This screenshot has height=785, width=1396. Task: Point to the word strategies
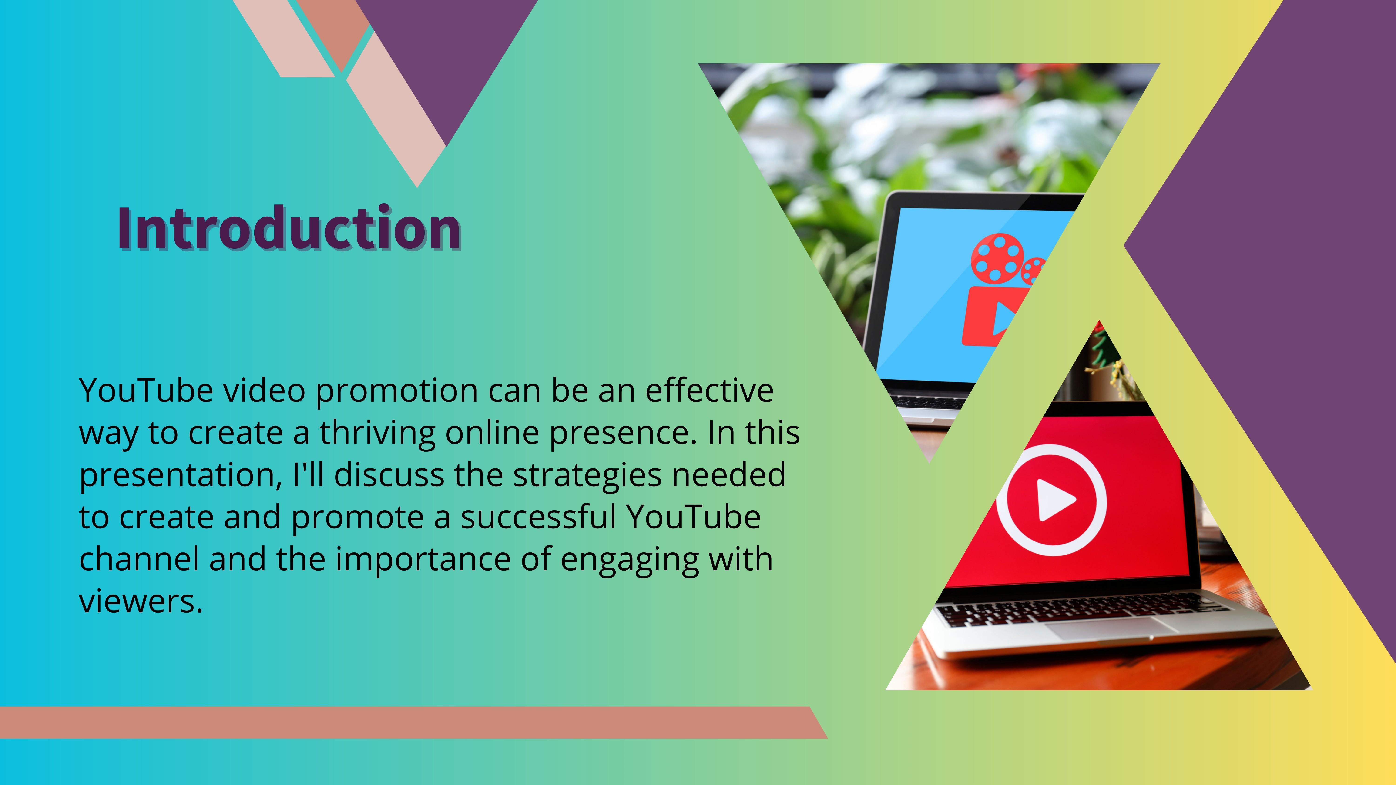pyautogui.click(x=587, y=475)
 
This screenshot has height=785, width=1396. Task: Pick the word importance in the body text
pyautogui.click(x=423, y=560)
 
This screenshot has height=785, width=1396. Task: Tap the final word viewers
pyautogui.click(x=141, y=601)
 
